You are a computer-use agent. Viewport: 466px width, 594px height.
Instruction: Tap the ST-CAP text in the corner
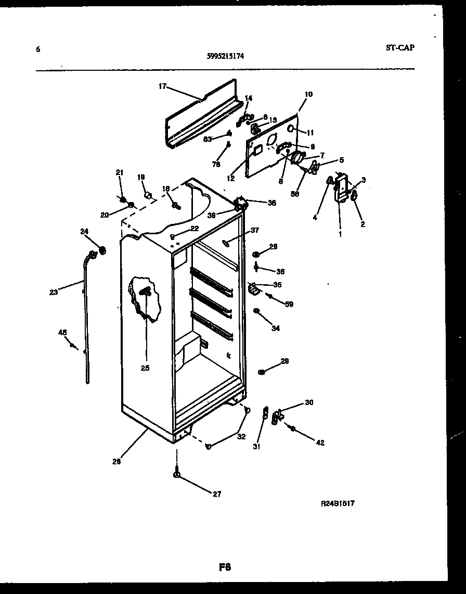pyautogui.click(x=400, y=47)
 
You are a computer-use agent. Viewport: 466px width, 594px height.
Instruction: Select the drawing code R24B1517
pyautogui.click(x=337, y=503)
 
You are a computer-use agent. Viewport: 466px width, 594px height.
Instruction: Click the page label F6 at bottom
pyautogui.click(x=224, y=567)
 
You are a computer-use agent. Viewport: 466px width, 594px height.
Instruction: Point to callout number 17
pyautogui.click(x=162, y=86)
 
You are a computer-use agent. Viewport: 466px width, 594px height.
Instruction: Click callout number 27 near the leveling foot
pyautogui.click(x=217, y=494)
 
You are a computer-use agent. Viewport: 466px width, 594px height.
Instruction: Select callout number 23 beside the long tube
pyautogui.click(x=54, y=292)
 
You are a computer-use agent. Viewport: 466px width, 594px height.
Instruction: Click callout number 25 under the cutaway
pyautogui.click(x=145, y=368)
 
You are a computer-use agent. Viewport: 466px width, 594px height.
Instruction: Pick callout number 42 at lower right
pyautogui.click(x=320, y=443)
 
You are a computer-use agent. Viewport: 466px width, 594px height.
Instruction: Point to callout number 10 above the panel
pyautogui.click(x=308, y=94)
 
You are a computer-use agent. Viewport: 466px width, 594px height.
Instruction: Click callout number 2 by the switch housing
pyautogui.click(x=363, y=224)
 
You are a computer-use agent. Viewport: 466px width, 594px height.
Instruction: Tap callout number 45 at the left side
pyautogui.click(x=62, y=332)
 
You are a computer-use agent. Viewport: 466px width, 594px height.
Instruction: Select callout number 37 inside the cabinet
pyautogui.click(x=254, y=230)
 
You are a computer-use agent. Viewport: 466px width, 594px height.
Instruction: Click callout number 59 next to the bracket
pyautogui.click(x=289, y=304)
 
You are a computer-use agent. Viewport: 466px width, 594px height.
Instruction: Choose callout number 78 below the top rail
pyautogui.click(x=217, y=163)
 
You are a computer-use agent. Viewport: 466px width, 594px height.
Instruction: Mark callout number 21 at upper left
pyautogui.click(x=120, y=172)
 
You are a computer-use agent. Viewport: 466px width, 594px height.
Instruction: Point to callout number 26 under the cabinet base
pyautogui.click(x=116, y=461)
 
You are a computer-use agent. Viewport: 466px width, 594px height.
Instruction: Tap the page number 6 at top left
pyautogui.click(x=38, y=49)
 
